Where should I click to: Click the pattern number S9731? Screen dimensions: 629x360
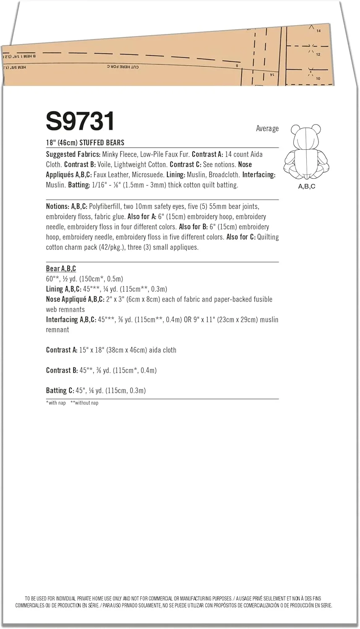click(x=80, y=122)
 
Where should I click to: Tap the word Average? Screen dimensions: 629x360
click(x=267, y=129)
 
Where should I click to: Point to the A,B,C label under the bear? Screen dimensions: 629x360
click(x=306, y=186)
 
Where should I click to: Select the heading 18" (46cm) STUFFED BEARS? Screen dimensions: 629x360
click(x=85, y=143)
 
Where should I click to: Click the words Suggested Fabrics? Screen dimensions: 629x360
click(x=73, y=154)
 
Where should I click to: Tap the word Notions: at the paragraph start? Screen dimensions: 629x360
click(x=57, y=206)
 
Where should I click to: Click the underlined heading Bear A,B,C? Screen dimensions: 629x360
click(x=61, y=269)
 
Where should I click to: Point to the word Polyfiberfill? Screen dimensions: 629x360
click(x=99, y=206)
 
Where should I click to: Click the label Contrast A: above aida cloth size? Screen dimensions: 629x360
click(x=62, y=350)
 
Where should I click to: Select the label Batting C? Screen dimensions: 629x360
click(x=60, y=390)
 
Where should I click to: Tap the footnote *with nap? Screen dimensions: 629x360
click(x=56, y=403)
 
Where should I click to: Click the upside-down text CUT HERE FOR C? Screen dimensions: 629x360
click(x=123, y=67)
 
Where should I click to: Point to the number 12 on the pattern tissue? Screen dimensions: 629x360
click(x=318, y=55)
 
